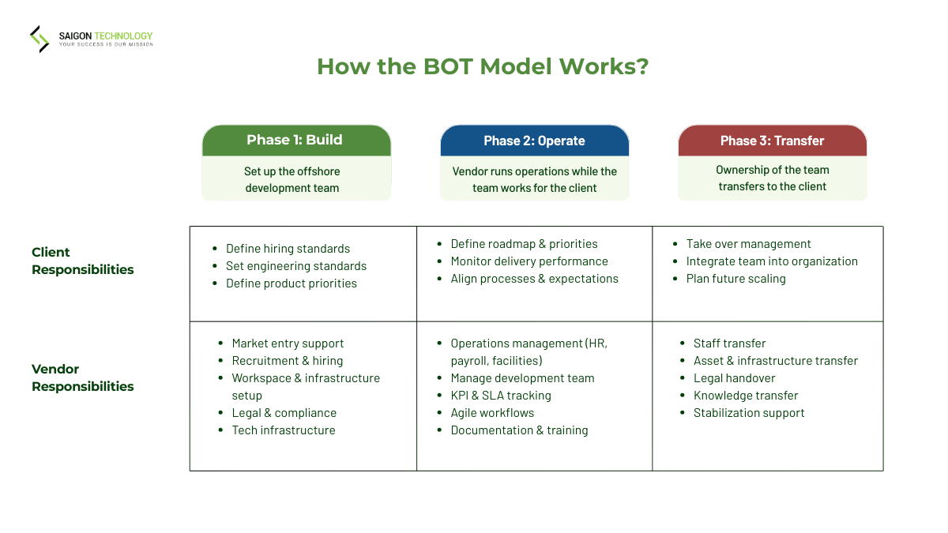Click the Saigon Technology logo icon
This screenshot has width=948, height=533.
(39, 39)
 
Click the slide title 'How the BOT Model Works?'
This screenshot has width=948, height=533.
(482, 66)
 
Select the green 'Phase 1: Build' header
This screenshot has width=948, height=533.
(295, 141)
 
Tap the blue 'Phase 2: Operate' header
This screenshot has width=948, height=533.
(534, 141)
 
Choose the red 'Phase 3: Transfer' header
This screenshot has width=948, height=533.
(772, 141)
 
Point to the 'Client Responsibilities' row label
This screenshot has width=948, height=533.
(82, 261)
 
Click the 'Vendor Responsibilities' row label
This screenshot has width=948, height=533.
(82, 377)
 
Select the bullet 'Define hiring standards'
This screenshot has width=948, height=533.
(288, 249)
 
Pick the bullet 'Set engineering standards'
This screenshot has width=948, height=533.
(296, 266)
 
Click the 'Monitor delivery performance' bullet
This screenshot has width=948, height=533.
(529, 261)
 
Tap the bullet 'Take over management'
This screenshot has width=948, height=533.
(748, 244)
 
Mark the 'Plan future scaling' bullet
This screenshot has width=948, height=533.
(735, 279)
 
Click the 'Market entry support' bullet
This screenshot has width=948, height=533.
(288, 343)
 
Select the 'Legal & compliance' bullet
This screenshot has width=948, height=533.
(284, 413)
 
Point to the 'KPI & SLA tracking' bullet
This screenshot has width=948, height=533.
(501, 396)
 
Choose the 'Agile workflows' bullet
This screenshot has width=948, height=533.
(492, 413)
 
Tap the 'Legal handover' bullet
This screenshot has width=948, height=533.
(734, 378)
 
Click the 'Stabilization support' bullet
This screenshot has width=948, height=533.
(749, 413)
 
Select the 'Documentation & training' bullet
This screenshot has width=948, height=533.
(519, 430)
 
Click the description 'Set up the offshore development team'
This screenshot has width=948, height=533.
(292, 180)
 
